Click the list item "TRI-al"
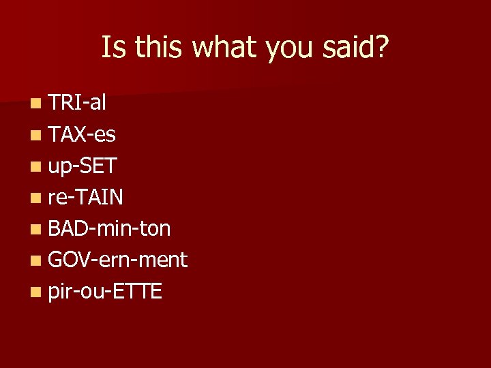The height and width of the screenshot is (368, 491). click(x=77, y=103)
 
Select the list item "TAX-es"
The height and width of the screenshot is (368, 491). click(x=82, y=134)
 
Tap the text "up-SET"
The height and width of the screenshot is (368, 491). click(x=83, y=166)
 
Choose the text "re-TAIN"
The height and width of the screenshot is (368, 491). click(x=86, y=197)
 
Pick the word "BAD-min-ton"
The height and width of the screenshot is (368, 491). click(x=109, y=228)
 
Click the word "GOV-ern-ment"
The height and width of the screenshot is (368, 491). click(x=117, y=260)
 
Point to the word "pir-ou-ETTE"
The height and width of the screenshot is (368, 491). click(x=105, y=291)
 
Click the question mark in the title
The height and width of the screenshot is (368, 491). click(x=382, y=47)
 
